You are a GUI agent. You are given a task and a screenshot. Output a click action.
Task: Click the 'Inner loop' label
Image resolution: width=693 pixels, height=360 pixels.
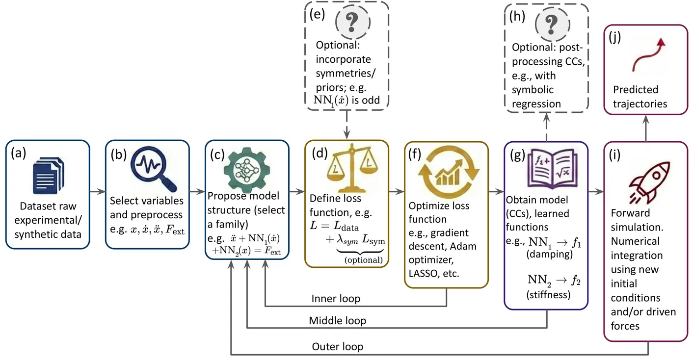(x=336, y=299)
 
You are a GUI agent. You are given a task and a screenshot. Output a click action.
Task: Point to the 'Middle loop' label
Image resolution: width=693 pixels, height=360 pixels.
(x=337, y=321)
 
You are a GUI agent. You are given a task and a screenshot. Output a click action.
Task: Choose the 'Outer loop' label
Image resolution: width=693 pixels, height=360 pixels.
(x=337, y=347)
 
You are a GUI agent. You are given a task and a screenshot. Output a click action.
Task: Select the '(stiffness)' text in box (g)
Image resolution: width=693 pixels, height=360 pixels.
(x=549, y=295)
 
